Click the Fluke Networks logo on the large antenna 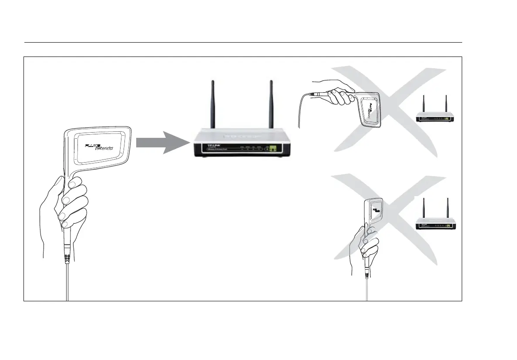pos(99,146)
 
